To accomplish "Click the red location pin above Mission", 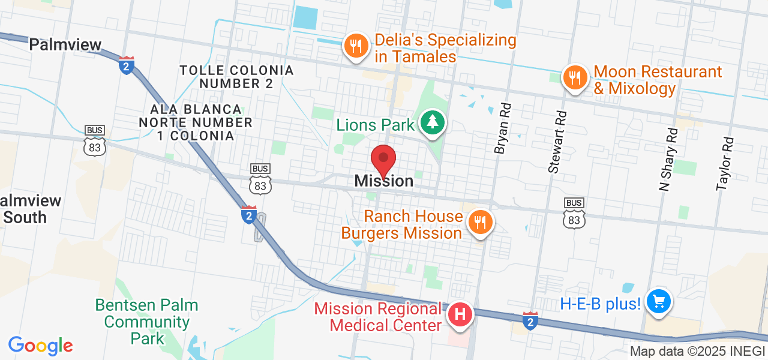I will point(383,160).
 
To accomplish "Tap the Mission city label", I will point(383,181).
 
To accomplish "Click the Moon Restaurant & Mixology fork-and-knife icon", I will point(575,78).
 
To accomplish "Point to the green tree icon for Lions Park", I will point(432,122).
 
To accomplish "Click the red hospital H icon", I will point(460,314).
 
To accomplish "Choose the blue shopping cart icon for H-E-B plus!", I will point(658,302).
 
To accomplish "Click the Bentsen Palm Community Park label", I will point(147,322).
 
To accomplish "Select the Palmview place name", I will point(65,44).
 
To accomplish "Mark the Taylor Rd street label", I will point(725,163).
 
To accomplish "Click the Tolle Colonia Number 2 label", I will point(236,77).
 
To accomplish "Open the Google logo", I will point(40,346).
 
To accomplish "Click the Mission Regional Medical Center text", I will point(379,317).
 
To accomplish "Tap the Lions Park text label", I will point(376,125).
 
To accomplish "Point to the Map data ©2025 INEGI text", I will point(697,352).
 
